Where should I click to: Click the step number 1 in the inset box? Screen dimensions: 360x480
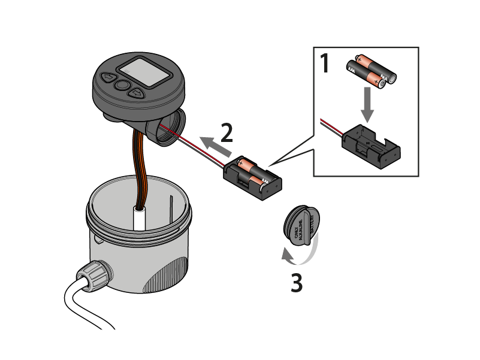coord(325,63)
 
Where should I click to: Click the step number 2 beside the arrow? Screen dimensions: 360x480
coord(226,132)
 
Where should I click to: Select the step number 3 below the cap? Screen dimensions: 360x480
coord(296,282)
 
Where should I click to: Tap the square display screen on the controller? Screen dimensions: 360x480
coord(143,71)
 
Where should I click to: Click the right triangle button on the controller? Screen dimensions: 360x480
coord(137,93)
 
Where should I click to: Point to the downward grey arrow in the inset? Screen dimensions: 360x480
coord(368,105)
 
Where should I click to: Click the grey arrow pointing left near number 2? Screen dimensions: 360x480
coord(210,144)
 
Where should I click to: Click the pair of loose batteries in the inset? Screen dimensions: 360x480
coord(372,71)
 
